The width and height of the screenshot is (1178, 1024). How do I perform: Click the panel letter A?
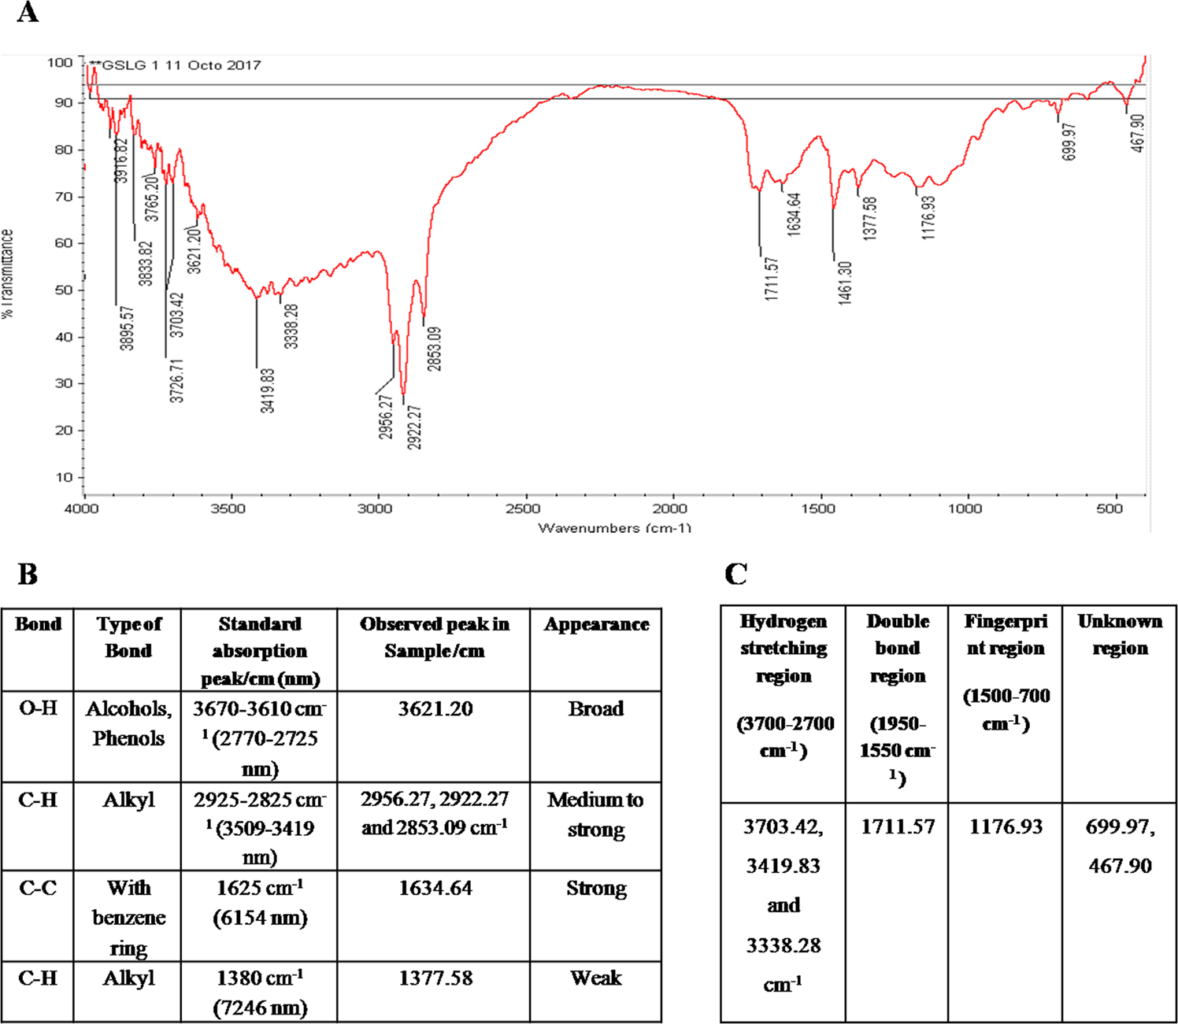point(28,13)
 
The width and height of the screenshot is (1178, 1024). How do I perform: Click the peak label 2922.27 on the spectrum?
point(415,427)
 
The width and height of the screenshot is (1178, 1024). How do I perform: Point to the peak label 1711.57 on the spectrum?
point(772,279)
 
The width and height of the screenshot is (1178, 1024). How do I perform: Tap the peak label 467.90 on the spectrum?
point(1137,133)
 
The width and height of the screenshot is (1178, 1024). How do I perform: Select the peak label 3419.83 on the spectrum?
point(268,390)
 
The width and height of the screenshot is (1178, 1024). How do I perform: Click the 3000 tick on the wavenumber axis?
point(376,508)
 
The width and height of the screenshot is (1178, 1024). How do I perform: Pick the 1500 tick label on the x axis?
point(818,508)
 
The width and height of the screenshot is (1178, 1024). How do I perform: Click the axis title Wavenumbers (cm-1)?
point(614,527)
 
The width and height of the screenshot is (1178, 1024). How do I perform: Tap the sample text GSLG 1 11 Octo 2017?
point(181,65)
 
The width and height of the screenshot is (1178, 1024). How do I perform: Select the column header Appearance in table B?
point(596,624)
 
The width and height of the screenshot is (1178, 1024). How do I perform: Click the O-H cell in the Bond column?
point(38,708)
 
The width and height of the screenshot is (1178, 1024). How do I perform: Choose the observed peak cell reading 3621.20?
point(435,708)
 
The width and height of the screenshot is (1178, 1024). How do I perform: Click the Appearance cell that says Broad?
point(596,708)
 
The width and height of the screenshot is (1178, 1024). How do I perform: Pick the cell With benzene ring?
point(128,918)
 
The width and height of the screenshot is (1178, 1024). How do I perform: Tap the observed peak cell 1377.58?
point(435,978)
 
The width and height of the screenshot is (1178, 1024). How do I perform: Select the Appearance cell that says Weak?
point(596,978)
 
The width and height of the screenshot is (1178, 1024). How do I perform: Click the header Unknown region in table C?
point(1120,634)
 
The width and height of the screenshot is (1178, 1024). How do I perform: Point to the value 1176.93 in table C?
point(1006,826)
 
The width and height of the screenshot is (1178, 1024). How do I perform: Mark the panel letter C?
point(735,574)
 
